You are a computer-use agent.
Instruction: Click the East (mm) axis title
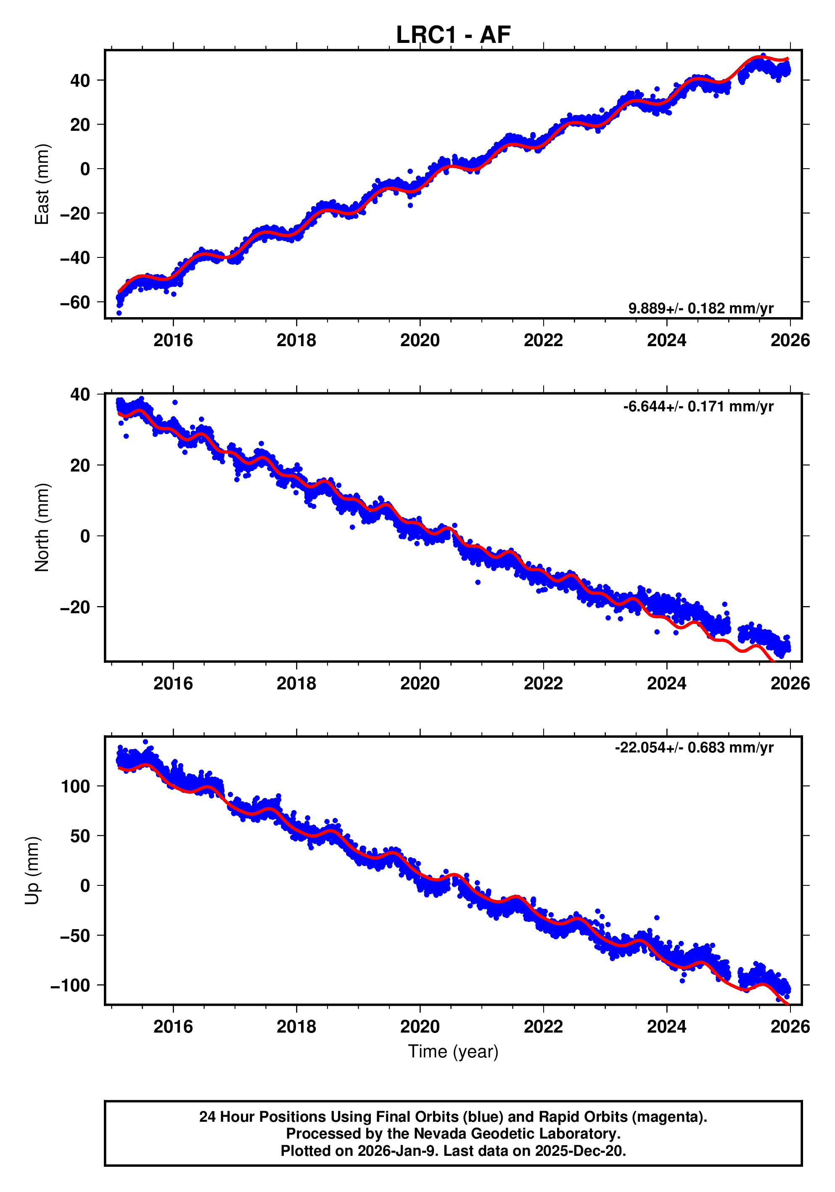pyautogui.click(x=42, y=184)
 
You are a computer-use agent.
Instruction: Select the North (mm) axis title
pyautogui.click(x=42, y=527)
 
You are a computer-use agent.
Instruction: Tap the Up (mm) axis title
pyautogui.click(x=32, y=871)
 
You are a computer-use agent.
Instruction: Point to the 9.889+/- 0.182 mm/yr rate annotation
pyautogui.click(x=700, y=308)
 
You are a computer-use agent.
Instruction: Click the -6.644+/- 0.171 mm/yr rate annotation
pyautogui.click(x=698, y=406)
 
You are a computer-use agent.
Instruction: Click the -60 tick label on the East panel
pyautogui.click(x=75, y=302)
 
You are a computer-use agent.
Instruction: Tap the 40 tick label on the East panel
pyautogui.click(x=80, y=80)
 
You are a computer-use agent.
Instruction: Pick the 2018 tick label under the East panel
pyautogui.click(x=296, y=341)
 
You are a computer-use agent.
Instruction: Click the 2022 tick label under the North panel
pyautogui.click(x=543, y=684)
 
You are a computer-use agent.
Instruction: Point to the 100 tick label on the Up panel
pyautogui.click(x=75, y=787)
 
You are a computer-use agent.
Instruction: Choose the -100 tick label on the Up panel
pyautogui.click(x=70, y=985)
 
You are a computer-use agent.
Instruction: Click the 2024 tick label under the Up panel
pyautogui.click(x=666, y=1027)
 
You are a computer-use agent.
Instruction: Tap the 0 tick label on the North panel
pyautogui.click(x=85, y=536)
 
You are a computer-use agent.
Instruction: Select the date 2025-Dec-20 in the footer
pyautogui.click(x=580, y=1151)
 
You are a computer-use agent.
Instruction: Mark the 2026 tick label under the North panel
pyautogui.click(x=789, y=684)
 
